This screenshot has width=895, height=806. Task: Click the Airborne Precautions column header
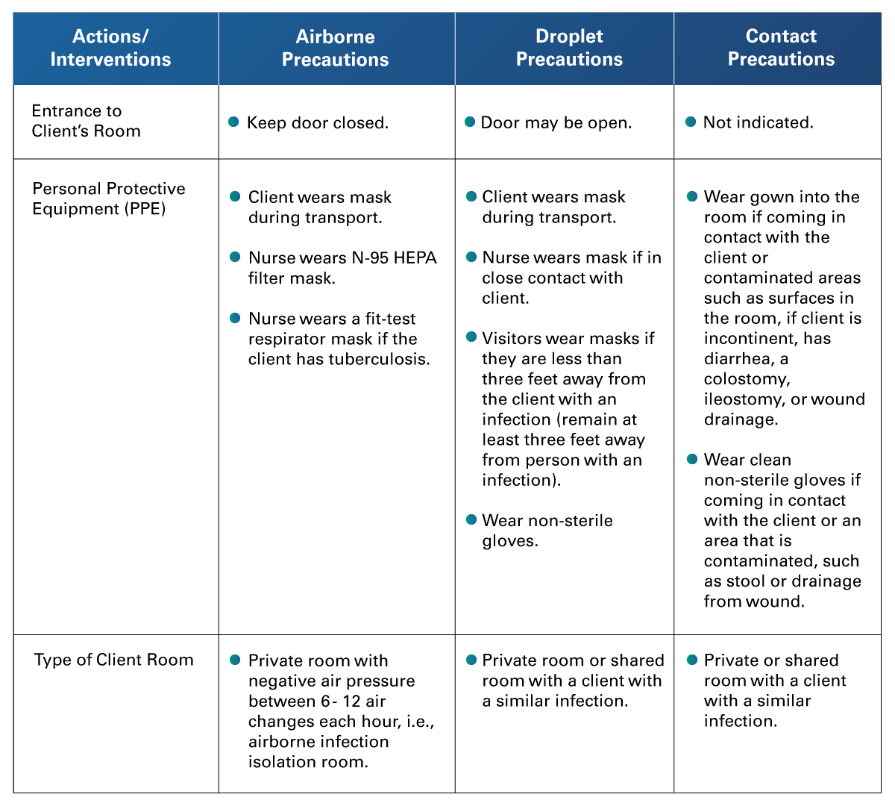tap(335, 48)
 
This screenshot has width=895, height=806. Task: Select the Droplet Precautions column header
tap(569, 48)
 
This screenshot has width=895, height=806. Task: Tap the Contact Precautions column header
tap(781, 48)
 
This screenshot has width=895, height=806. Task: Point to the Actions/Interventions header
tap(110, 48)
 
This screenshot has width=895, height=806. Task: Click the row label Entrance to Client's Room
tap(86, 121)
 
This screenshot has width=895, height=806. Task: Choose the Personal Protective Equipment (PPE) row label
tap(109, 199)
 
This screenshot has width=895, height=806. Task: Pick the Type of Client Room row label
tap(114, 660)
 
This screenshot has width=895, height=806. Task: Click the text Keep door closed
tap(318, 123)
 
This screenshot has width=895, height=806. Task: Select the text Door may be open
tap(556, 123)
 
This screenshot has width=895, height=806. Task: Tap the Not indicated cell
tap(759, 122)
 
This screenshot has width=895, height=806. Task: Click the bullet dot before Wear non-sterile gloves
tap(471, 519)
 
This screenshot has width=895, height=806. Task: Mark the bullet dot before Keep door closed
tap(233, 122)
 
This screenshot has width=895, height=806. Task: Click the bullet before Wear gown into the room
tap(692, 196)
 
